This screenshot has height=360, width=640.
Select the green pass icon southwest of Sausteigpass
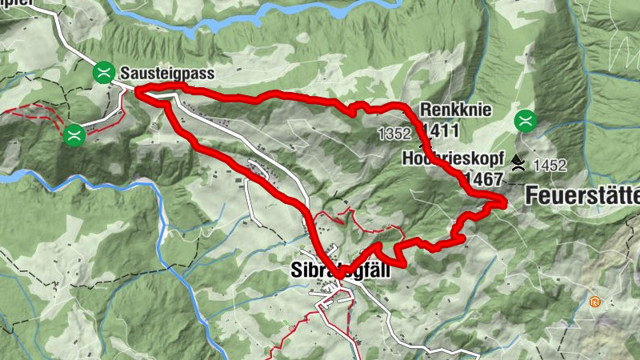(74, 134)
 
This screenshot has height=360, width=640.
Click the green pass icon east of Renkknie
(526, 120)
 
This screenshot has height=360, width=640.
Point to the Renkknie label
(452, 110)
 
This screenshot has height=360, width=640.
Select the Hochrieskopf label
(454, 158)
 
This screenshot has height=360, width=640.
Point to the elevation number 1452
(550, 166)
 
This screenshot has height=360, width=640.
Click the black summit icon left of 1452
(519, 163)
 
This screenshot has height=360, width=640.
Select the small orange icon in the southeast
(594, 302)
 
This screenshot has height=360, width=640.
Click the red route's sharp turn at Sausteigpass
(138, 93)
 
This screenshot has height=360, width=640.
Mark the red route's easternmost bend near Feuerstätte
(503, 202)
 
